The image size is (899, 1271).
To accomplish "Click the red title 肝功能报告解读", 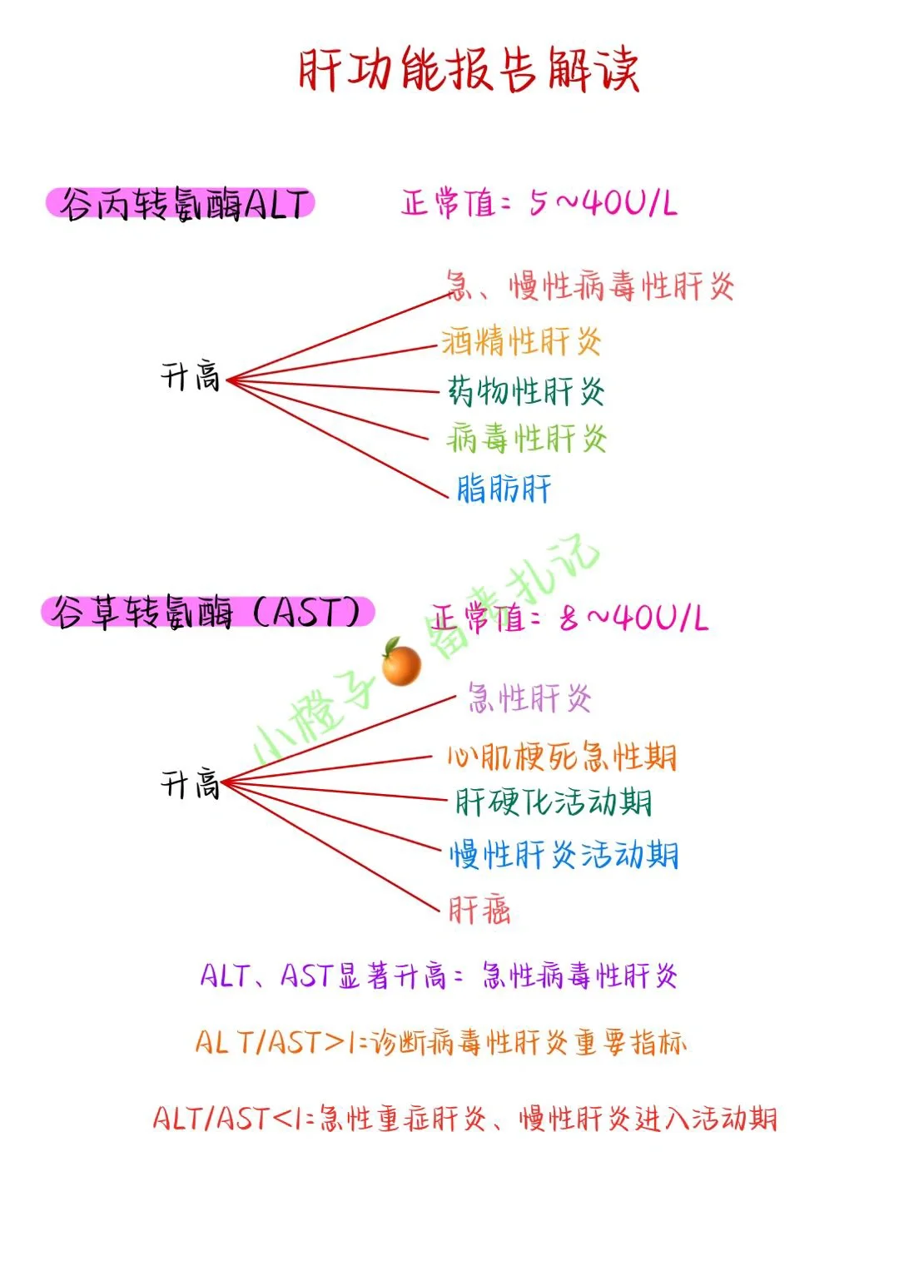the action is pos(469,70).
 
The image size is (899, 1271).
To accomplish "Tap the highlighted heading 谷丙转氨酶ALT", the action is pos(181,204).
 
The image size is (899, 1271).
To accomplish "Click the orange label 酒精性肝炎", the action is pos(521,341).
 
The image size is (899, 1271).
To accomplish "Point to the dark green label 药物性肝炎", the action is pos(526,390).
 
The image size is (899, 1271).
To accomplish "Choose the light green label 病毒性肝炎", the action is pos(526,438).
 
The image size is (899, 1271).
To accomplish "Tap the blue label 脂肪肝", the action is pos(504,489).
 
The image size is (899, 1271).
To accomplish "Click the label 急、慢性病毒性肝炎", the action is pos(589,287).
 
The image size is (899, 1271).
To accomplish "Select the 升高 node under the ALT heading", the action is pos(191,377).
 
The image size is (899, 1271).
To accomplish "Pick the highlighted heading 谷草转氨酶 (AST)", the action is pos(207,613).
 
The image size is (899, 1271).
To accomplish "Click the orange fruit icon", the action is pos(401,663).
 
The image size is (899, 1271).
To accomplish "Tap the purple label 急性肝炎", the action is pos(529,698).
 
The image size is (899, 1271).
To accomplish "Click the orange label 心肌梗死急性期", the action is pos(563,757).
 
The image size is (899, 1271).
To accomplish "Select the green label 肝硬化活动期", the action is pos(554,802).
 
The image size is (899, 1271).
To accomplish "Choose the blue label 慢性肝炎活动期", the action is pos(564,855).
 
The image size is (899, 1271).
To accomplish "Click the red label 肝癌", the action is pos(479,910).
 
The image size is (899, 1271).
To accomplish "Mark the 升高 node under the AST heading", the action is pos(191,784).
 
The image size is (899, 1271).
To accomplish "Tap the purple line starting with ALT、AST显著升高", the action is pos(439,976).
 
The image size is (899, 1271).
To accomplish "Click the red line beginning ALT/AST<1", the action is pos(464,1118).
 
